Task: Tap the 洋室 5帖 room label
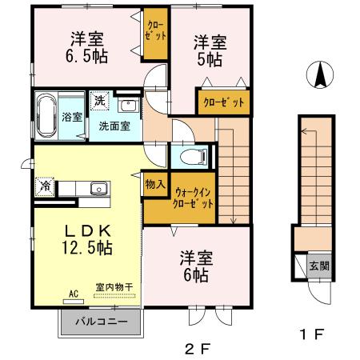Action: tap(210, 51)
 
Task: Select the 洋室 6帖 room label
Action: tap(194, 266)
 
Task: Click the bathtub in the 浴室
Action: tap(45, 118)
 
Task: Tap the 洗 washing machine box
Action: tap(99, 102)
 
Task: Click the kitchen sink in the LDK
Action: tap(98, 189)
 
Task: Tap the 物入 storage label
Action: tap(154, 184)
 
